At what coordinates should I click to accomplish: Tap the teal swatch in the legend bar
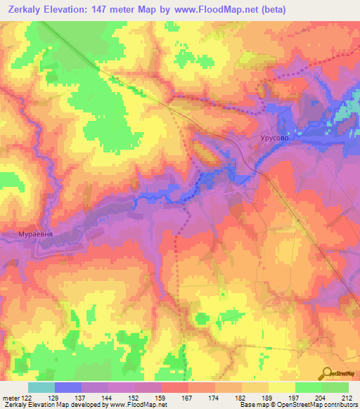[x=41, y=388]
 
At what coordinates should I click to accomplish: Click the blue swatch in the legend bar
[x=68, y=388]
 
